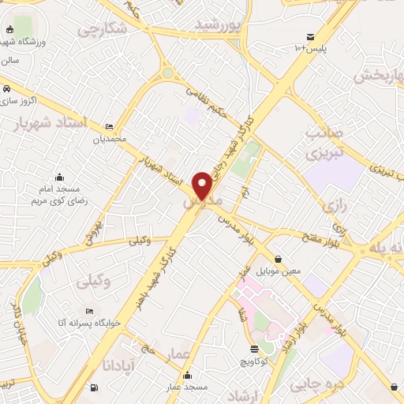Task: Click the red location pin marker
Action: click(202, 185)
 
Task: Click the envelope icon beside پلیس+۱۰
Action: click(310, 36)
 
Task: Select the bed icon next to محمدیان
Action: click(109, 127)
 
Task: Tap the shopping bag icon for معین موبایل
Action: click(278, 259)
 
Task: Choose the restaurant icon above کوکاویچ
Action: click(253, 349)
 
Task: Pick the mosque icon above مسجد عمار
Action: click(187, 376)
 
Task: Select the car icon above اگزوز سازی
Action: click(6, 88)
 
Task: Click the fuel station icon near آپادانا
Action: click(95, 387)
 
